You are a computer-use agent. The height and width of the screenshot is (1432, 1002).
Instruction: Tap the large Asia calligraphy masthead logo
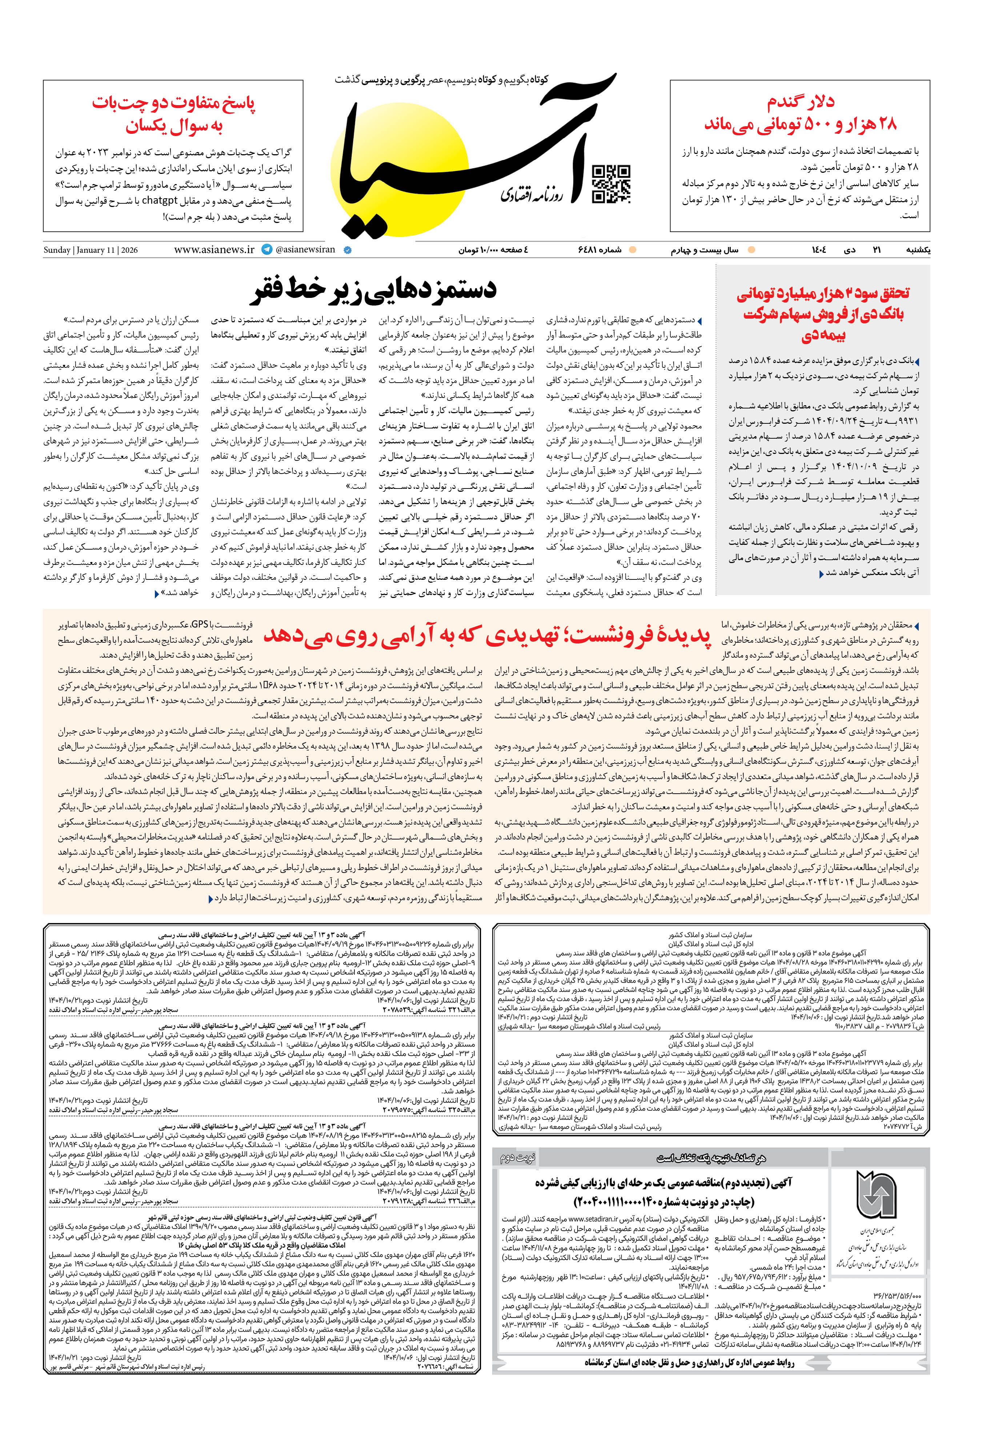[x=474, y=156]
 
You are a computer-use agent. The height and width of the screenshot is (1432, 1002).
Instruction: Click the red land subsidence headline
[x=487, y=635]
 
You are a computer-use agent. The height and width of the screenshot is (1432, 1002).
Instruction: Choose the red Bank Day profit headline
[x=823, y=314]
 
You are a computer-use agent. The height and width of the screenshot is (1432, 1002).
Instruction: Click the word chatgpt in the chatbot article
[x=160, y=201]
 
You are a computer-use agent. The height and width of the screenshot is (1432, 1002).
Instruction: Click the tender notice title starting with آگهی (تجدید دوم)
[x=664, y=1182]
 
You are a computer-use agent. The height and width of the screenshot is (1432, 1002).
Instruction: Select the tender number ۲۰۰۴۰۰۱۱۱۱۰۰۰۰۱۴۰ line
[x=664, y=1201]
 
